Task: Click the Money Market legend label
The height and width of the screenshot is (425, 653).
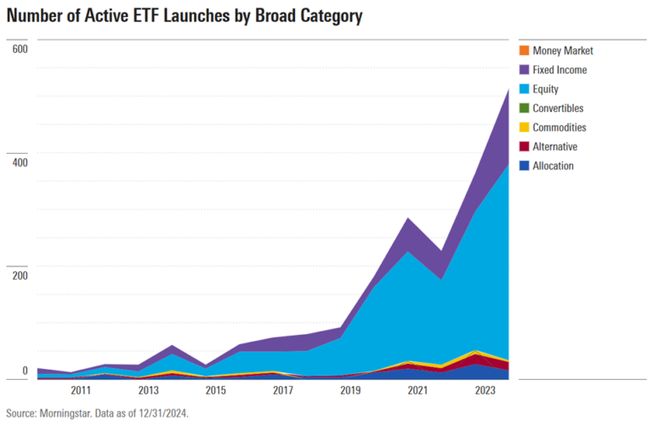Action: click(562, 51)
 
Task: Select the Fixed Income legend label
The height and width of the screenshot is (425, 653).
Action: click(559, 70)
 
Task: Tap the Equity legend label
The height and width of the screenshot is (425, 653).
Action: click(545, 88)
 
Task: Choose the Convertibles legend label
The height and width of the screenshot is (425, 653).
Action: click(558, 108)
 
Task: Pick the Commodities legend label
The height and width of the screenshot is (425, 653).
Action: click(559, 127)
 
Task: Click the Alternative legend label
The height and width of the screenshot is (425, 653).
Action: click(554, 146)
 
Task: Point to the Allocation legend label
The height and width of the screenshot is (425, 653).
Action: click(553, 166)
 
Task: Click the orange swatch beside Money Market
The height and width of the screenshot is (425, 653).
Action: click(524, 51)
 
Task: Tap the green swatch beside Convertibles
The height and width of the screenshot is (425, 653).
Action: click(524, 108)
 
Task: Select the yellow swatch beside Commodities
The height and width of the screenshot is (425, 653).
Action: click(524, 127)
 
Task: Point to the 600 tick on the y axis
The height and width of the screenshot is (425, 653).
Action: click(20, 48)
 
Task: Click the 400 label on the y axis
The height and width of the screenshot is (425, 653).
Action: click(20, 161)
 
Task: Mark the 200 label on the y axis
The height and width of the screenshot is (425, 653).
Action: click(20, 275)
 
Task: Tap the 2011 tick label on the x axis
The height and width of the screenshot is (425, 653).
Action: click(81, 391)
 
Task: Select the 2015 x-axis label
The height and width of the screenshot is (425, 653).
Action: click(216, 391)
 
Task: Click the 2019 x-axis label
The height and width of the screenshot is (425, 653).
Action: click(350, 391)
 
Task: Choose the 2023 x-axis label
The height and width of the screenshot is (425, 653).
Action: click(485, 391)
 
